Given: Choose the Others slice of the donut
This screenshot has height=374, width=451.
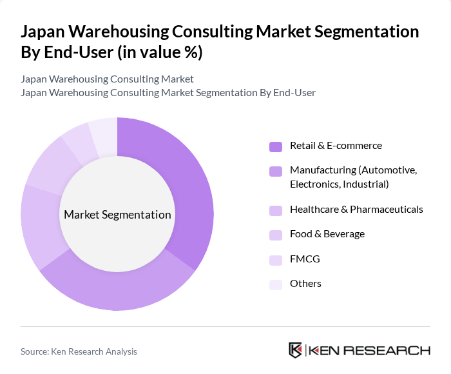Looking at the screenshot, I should coord(104,132).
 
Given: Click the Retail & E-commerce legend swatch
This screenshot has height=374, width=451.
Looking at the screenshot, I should coord(276,146).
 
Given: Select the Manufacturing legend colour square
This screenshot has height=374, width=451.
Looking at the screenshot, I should coord(276,171).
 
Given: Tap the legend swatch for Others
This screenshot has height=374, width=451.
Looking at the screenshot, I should coord(276,284).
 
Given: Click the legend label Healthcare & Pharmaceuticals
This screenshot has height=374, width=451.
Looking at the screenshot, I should coord(356,210).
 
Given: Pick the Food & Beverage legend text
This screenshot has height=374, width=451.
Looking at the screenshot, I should coord(327,234).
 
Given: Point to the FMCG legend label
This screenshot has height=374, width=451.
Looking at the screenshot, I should coord(305,259).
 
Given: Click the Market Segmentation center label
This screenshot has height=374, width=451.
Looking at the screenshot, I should coord(117,215).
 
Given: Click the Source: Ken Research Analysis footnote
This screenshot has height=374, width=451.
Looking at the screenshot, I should coord(79,351).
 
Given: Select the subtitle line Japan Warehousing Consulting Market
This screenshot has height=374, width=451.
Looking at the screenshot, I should coord(107,79).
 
